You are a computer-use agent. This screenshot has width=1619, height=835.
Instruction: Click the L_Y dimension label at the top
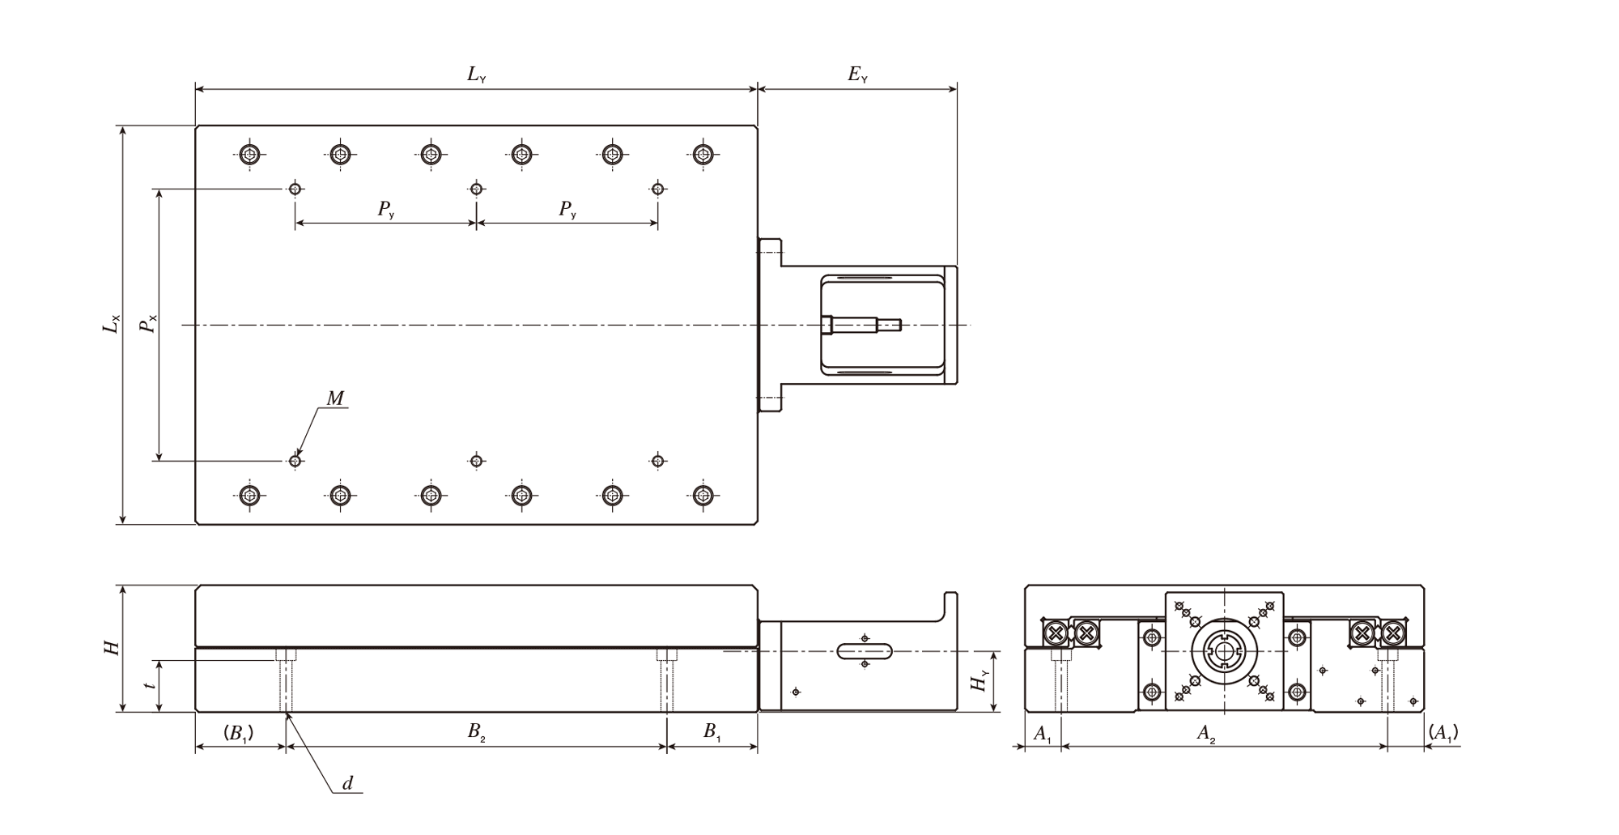click(x=476, y=75)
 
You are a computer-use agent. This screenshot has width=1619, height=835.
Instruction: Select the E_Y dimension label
click(x=857, y=75)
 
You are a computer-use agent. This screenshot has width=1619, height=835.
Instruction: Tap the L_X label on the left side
click(x=111, y=324)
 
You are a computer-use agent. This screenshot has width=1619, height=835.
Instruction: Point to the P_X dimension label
click(x=147, y=325)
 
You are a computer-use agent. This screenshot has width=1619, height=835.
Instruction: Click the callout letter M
click(x=335, y=398)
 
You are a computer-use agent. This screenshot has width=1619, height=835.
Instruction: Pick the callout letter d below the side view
click(x=348, y=783)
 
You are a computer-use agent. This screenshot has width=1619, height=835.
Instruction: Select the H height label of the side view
click(x=111, y=648)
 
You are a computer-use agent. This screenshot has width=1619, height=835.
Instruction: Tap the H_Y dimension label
click(x=980, y=682)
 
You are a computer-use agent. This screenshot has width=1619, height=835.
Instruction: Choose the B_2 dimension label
click(x=476, y=733)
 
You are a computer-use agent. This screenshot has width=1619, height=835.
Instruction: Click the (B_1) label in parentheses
click(x=239, y=734)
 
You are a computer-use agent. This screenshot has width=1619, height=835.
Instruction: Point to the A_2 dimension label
click(x=1206, y=734)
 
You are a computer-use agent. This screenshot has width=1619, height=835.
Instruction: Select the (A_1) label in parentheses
click(x=1443, y=733)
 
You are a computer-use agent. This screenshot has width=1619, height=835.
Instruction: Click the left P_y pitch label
click(x=386, y=210)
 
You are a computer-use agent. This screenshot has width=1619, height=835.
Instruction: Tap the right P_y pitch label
click(x=567, y=210)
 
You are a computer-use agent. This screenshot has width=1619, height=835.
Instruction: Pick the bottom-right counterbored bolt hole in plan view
click(x=703, y=495)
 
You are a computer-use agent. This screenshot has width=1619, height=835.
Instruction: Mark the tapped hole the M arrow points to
click(x=295, y=461)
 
